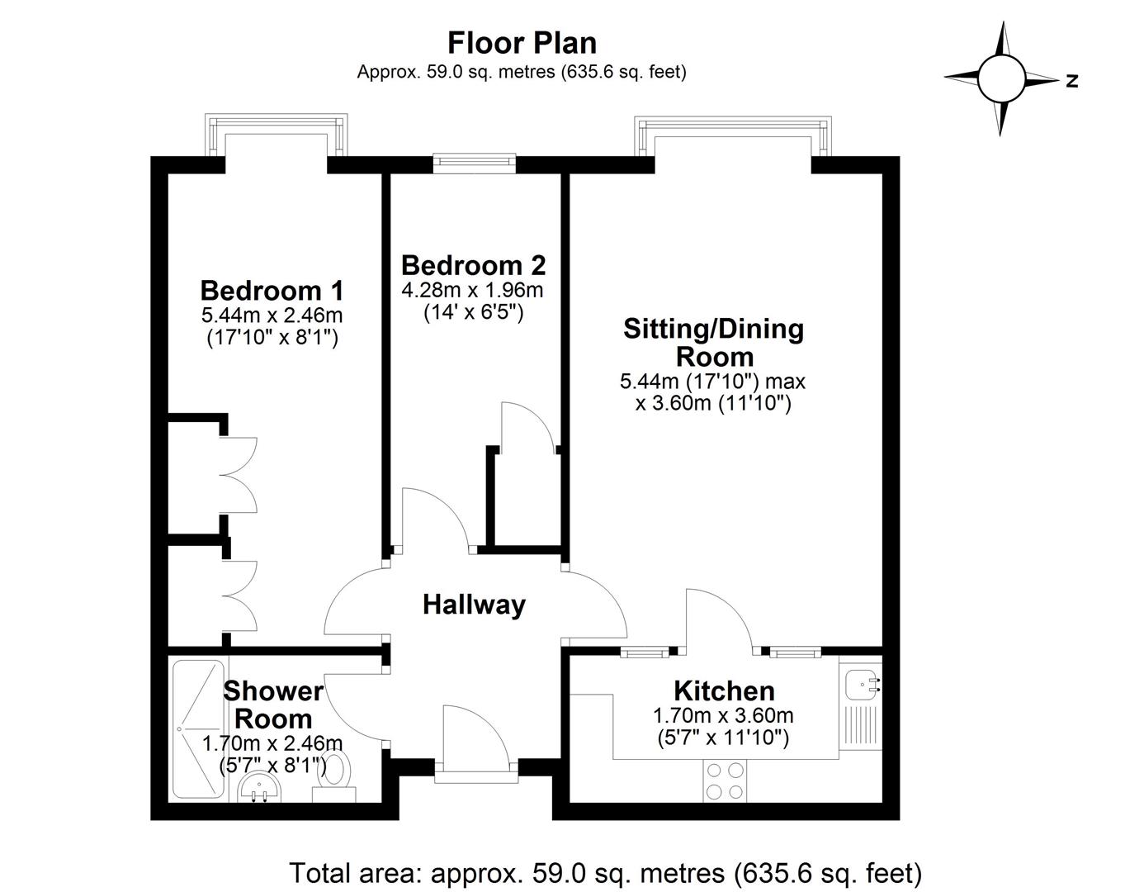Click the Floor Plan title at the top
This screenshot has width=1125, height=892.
pos(522,42)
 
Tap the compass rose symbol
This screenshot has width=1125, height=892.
pos(1001,78)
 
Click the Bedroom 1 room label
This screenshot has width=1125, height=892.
pos(272,291)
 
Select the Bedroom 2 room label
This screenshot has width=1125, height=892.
pos(473,265)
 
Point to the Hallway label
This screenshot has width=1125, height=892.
pos(474,605)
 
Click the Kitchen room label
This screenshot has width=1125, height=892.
pos(724,690)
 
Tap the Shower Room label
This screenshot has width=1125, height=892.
pos(272,704)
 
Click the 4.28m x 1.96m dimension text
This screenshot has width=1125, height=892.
pos(473,291)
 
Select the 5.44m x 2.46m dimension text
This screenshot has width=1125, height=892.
pos(272,316)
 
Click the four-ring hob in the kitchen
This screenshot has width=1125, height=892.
pos(725,780)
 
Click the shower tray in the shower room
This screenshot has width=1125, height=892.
pos(197,728)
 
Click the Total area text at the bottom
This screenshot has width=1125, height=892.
pos(605,872)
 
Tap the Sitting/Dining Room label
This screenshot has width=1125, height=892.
pos(713,343)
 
